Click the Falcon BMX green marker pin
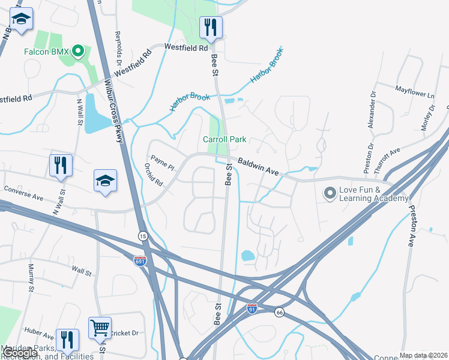click(x=77, y=52)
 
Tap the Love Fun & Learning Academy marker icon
click(x=330, y=193)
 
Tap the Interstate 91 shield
click(x=252, y=308)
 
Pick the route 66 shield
click(x=280, y=312)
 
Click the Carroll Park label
click(x=224, y=139)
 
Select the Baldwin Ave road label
click(x=258, y=166)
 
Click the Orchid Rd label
click(x=154, y=175)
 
